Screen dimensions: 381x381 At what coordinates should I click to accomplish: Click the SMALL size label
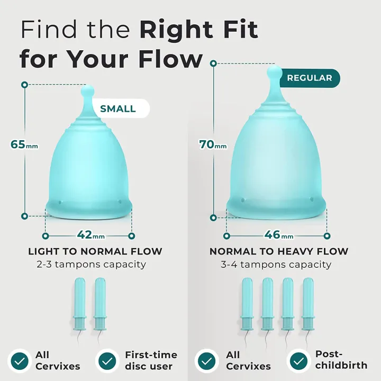118,109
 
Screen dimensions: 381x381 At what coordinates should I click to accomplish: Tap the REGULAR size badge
310,78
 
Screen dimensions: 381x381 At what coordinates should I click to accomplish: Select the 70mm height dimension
212,143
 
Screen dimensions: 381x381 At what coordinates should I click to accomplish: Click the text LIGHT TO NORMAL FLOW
95,251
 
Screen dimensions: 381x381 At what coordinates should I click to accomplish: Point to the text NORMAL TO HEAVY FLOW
279,251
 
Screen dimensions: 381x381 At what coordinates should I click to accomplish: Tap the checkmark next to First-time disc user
107,360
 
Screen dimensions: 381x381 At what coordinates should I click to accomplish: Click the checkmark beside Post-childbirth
298,360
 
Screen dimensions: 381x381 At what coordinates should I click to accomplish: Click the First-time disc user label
151,360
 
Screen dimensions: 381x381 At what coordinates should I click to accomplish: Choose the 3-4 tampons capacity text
276,264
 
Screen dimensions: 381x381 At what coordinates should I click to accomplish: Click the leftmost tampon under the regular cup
247,304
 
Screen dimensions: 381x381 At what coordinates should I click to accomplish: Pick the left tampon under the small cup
79,305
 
